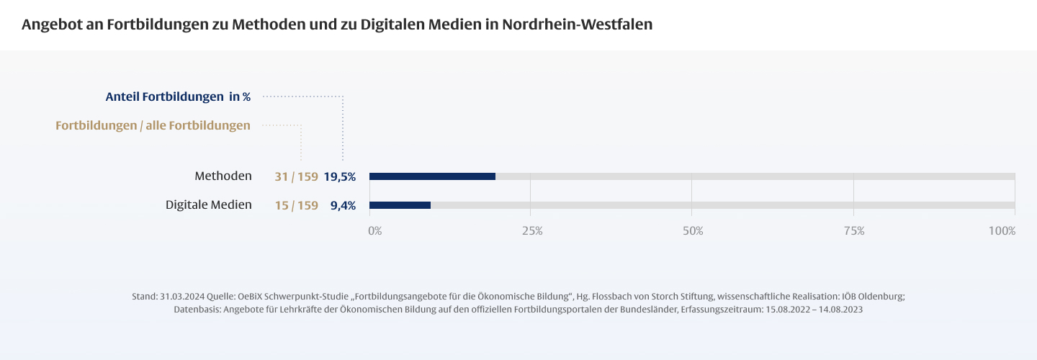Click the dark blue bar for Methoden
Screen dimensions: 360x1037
[x=432, y=176]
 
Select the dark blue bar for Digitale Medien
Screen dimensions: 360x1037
[x=400, y=205]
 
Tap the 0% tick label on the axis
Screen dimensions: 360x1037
[x=374, y=231]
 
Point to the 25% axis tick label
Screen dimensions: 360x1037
[x=531, y=231]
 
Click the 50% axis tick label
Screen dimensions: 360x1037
[x=693, y=231]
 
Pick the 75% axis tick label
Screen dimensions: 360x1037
[x=854, y=231]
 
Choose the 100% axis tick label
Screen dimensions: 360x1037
[x=1002, y=231]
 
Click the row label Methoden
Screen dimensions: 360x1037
[x=223, y=176]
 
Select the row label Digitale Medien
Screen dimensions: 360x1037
[x=209, y=204]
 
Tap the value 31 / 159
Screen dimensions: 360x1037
[x=296, y=176]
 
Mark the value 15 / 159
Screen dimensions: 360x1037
[x=296, y=205]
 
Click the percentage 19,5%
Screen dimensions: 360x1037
[x=339, y=176]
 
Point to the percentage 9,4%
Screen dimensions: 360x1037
[x=343, y=205]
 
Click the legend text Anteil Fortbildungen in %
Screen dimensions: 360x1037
[x=178, y=96]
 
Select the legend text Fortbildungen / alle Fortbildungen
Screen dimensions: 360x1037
[x=153, y=125]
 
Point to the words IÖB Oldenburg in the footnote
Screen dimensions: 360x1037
[x=872, y=297]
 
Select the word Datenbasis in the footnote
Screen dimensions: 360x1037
[x=197, y=309]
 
